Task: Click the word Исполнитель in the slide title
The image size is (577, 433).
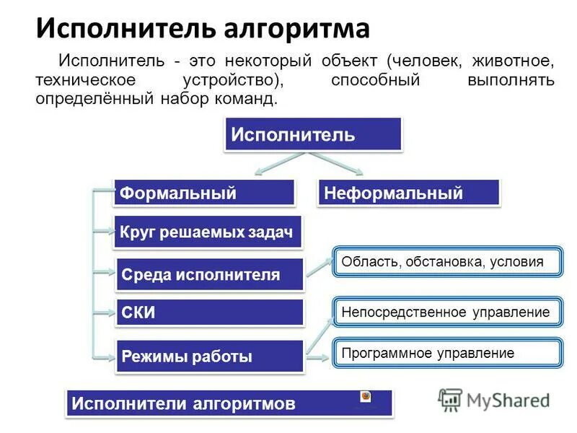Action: pyautogui.click(x=120, y=29)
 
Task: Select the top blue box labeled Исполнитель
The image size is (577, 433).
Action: pyautogui.click(x=312, y=135)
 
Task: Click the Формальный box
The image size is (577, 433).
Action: pyautogui.click(x=204, y=193)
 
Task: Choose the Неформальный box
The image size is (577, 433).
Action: pyautogui.click(x=408, y=193)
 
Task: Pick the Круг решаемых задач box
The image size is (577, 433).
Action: pyautogui.click(x=207, y=232)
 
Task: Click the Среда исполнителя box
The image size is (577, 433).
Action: pyautogui.click(x=209, y=274)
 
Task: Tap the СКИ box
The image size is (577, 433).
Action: pyautogui.click(x=209, y=312)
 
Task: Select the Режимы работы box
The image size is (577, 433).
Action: pyautogui.click(x=209, y=356)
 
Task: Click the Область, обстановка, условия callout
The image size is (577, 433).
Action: pyautogui.click(x=446, y=261)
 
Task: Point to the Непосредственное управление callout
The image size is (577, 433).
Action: pyautogui.click(x=446, y=312)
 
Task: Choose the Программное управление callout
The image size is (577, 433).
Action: pyautogui.click(x=446, y=353)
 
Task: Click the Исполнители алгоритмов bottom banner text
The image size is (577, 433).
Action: pyautogui.click(x=184, y=403)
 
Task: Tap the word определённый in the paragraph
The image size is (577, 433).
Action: pyautogui.click(x=92, y=98)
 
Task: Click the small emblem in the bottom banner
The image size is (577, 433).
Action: pyautogui.click(x=366, y=398)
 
